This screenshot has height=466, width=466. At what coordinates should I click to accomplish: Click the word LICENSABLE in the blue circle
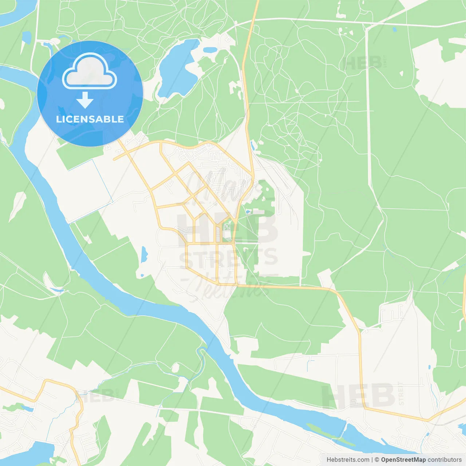[x=90, y=119]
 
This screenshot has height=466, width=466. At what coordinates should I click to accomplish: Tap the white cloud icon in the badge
[x=90, y=72]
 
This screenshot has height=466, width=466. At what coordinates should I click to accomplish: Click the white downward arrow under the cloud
[x=85, y=100]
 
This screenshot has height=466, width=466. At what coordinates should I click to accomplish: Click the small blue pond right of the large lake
[x=210, y=50]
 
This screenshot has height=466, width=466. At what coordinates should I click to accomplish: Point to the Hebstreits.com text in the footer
[x=348, y=460]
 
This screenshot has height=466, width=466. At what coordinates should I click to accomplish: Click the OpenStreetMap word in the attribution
[x=403, y=460]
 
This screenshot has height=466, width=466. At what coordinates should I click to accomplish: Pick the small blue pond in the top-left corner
[x=26, y=36]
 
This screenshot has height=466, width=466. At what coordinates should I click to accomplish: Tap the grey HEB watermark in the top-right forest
[x=362, y=63]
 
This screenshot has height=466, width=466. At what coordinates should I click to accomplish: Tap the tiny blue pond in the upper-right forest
[x=394, y=29]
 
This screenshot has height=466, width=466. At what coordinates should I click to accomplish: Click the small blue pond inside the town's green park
[x=248, y=211]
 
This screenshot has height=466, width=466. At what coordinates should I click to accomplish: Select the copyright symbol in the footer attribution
[x=377, y=460]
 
